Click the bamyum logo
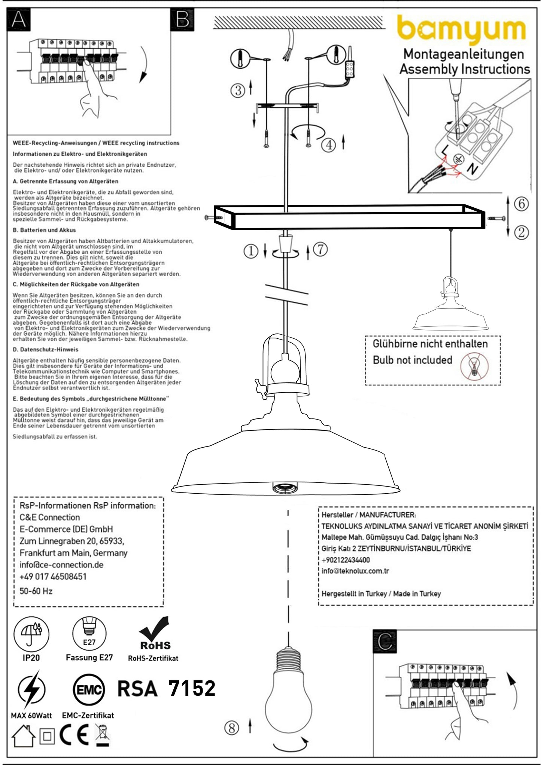click(x=461, y=30)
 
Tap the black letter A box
click(x=19, y=19)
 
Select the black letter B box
click(x=182, y=19)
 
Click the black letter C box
click(x=385, y=641)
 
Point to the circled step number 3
click(x=238, y=90)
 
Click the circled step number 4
click(x=329, y=144)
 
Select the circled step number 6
click(x=521, y=204)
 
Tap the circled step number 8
click(x=231, y=728)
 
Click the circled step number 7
click(x=320, y=249)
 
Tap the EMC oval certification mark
click(x=89, y=690)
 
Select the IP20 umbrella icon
click(x=31, y=634)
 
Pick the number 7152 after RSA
click(x=192, y=688)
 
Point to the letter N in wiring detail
click(x=472, y=169)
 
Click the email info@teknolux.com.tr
click(x=355, y=571)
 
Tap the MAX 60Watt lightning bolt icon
click(x=31, y=689)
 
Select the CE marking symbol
click(x=74, y=735)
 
